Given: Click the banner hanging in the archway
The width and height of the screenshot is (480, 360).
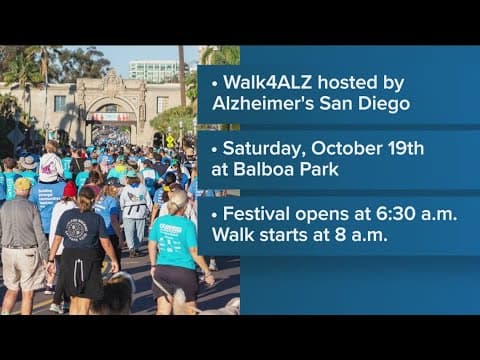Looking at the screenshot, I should point(110,117).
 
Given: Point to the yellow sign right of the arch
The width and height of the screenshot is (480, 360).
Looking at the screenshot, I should point(169,140).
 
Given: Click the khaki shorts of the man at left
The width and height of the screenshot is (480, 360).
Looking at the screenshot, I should point(22,268).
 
